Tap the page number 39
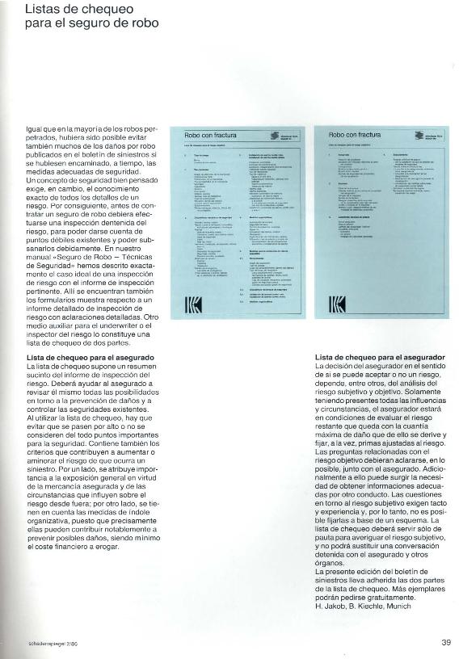[x=446, y=643]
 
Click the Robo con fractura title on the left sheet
[x=211, y=135]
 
